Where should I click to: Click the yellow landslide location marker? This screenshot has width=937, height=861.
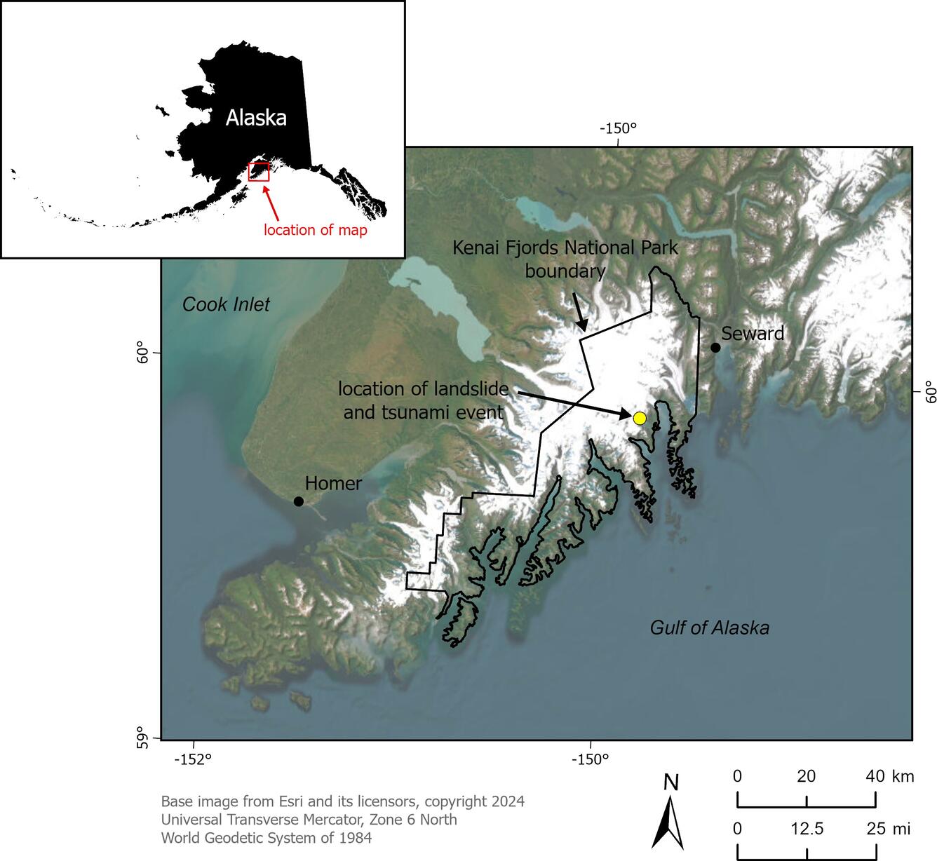(639, 418)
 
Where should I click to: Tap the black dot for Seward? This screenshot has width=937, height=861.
(715, 347)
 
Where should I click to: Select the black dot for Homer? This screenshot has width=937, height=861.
(299, 501)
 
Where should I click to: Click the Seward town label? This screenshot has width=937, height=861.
(753, 334)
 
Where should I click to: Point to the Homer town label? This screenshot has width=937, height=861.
(334, 483)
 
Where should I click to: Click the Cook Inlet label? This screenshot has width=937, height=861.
(226, 304)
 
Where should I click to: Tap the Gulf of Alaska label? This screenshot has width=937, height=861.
(709, 628)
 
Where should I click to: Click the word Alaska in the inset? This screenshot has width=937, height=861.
(256, 118)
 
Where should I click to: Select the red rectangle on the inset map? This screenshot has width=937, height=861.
(259, 172)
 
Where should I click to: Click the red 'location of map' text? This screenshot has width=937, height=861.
(315, 230)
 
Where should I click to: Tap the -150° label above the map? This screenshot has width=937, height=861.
(618, 129)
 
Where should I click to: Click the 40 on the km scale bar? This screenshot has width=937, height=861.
(875, 776)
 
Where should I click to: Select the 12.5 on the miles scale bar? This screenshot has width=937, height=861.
(807, 829)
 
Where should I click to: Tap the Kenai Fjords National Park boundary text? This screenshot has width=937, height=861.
(565, 259)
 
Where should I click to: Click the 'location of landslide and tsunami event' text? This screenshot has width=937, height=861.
(424, 400)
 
